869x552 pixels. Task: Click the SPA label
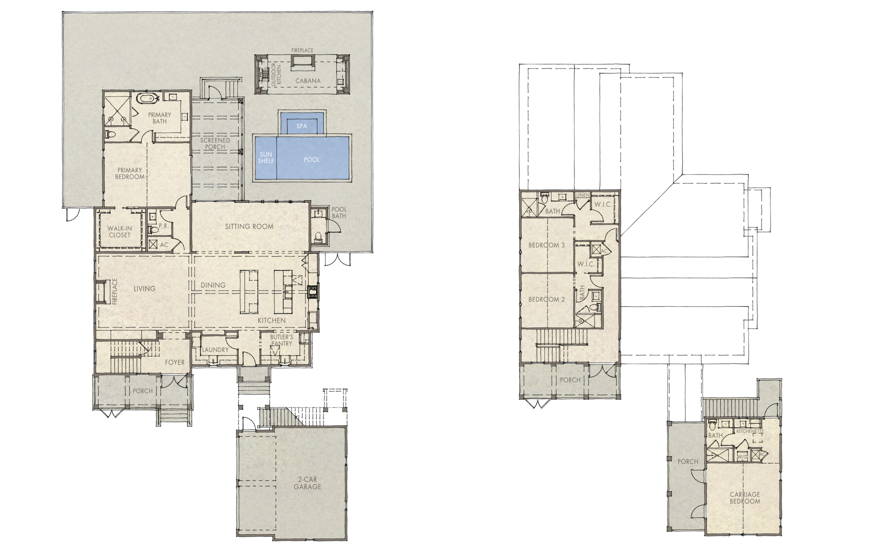tap(302, 126)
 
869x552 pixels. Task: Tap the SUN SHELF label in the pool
tap(266, 158)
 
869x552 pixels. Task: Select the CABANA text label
tap(308, 81)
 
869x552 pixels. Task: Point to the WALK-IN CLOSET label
tap(119, 232)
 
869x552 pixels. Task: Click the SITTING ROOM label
tap(249, 227)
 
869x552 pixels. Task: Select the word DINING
tap(213, 285)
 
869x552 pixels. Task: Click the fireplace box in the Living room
tap(100, 292)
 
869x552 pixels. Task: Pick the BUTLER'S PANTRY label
tap(282, 340)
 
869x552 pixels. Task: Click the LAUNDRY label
tap(215, 350)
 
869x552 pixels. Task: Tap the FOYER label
tap(175, 362)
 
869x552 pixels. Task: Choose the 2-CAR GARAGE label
tap(308, 483)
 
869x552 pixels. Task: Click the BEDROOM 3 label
tap(547, 245)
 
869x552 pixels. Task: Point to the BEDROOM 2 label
tap(547, 299)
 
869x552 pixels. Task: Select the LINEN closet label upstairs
tap(583, 195)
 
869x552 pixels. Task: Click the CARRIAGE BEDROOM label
tap(745, 498)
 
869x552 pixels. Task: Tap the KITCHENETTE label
tap(750, 431)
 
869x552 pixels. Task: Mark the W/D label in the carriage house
tap(742, 457)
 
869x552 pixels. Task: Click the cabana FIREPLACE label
tap(302, 50)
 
